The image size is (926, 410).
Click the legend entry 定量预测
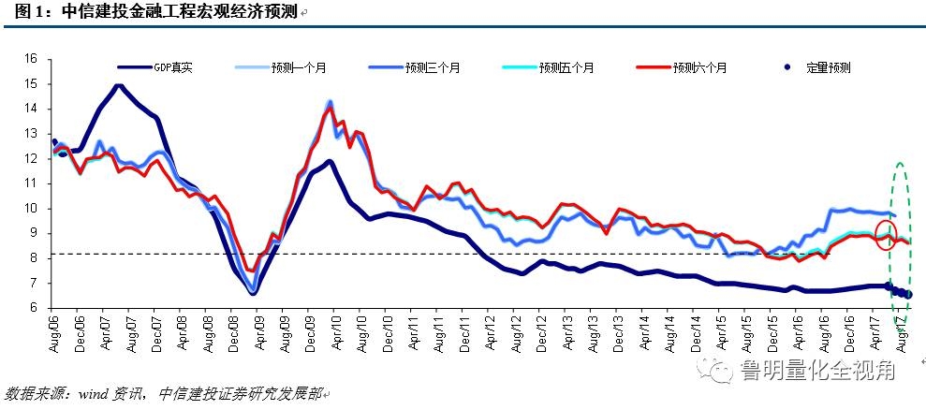[827, 68]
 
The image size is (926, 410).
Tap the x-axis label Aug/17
[902, 331]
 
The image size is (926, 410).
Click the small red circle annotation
[887, 234]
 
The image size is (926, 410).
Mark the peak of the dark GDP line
[119, 86]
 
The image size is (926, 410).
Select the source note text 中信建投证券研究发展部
[240, 394]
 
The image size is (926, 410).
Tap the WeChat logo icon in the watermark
[720, 371]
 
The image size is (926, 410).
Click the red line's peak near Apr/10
[329, 110]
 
